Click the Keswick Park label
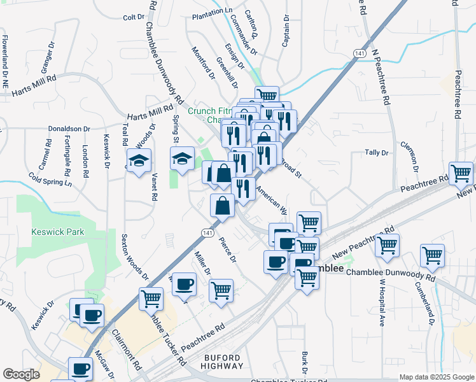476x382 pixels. click(x=57, y=232)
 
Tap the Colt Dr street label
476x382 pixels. click(x=134, y=17)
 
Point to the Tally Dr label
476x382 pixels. click(x=376, y=153)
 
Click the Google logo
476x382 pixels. click(x=21, y=374)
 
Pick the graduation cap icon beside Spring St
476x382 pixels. click(x=183, y=158)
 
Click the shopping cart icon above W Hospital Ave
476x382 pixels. click(x=387, y=245)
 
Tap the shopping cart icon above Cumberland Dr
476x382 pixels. click(x=433, y=255)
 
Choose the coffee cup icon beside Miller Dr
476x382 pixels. click(x=184, y=284)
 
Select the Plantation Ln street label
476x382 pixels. click(x=212, y=11)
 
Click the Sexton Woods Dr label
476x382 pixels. click(x=134, y=257)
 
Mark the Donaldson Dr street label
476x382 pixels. click(x=69, y=129)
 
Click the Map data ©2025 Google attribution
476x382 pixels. click(x=436, y=377)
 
